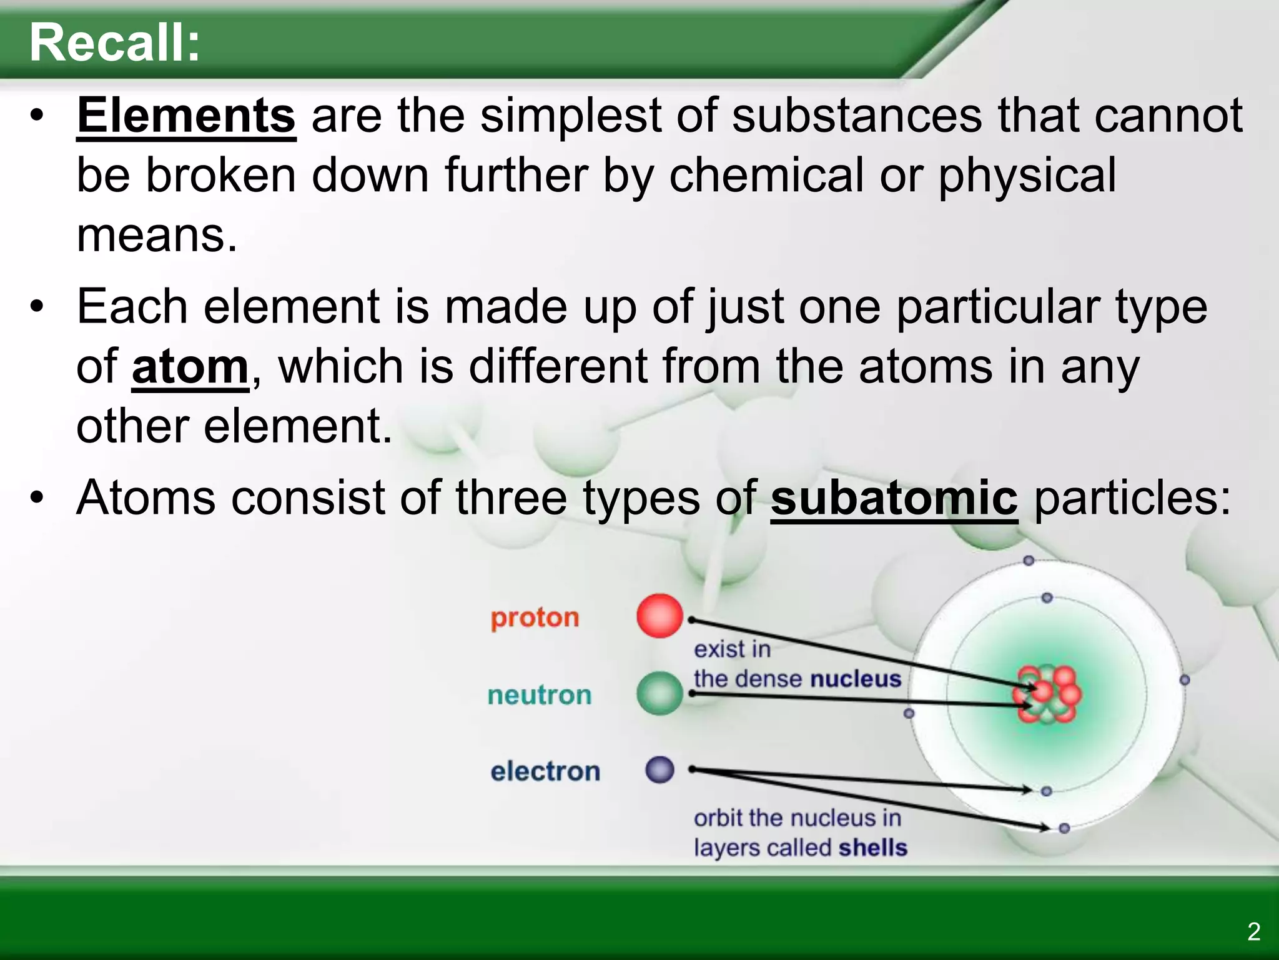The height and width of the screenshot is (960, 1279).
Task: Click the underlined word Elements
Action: tap(186, 116)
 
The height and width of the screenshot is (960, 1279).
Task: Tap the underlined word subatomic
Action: tap(894, 498)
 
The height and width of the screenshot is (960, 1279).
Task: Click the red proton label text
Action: tap(535, 617)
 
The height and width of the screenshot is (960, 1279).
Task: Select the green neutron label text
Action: tap(539, 695)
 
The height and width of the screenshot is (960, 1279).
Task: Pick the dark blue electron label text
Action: tap(545, 771)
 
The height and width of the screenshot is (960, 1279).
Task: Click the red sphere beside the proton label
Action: tap(659, 616)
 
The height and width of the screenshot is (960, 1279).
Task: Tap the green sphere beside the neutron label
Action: tap(659, 693)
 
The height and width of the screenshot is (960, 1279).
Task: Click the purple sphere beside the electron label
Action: tap(659, 770)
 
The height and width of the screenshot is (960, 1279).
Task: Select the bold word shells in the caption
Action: tap(872, 848)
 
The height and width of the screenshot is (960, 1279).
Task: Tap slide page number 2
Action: tap(1253, 931)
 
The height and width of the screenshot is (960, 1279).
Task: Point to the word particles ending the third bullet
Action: tap(1132, 498)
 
